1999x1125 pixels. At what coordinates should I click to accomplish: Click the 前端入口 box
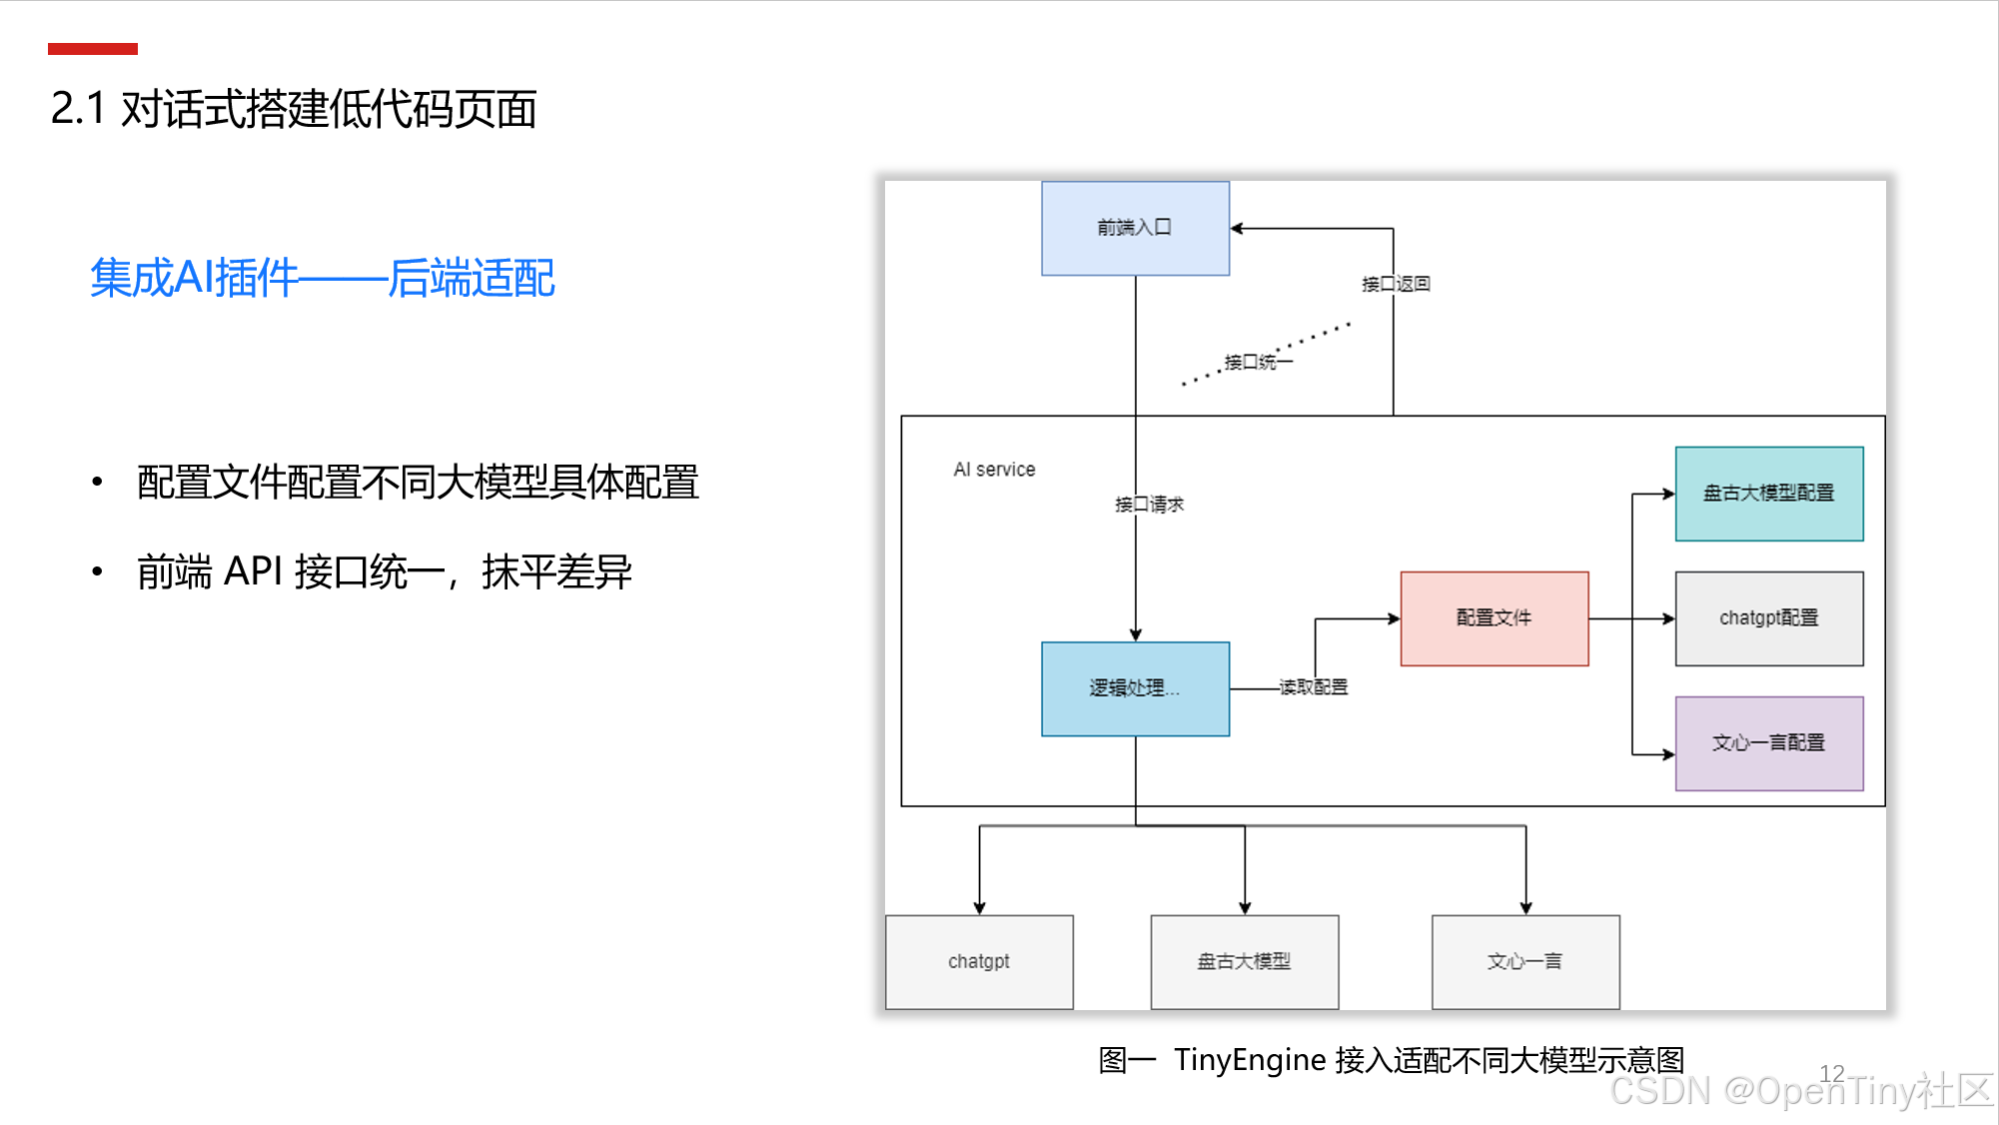[x=1135, y=228]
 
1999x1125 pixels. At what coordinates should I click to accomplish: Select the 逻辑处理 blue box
[x=1135, y=688]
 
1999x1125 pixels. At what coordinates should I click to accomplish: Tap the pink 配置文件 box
[x=1494, y=618]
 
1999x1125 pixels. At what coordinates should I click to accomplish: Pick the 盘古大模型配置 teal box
[x=1768, y=494]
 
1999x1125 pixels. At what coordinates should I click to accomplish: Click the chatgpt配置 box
[x=1768, y=618]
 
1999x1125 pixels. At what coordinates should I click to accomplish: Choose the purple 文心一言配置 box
[x=1768, y=743]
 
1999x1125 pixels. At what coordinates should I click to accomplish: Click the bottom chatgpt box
[x=979, y=961]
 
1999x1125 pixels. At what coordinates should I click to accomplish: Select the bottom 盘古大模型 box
[x=1244, y=961]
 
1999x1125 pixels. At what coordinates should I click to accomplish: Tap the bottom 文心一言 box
[x=1524, y=961]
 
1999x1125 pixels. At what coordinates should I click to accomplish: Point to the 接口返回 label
[x=1396, y=285]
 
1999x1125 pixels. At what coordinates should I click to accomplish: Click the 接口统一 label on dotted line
[x=1258, y=362]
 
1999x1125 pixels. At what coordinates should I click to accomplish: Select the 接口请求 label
[x=1149, y=505]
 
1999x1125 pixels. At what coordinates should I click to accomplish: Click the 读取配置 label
[x=1313, y=687]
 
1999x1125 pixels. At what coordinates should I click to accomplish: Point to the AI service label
[x=994, y=470]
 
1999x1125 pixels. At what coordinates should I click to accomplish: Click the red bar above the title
[x=92, y=49]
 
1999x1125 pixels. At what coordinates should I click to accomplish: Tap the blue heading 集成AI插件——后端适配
[x=322, y=278]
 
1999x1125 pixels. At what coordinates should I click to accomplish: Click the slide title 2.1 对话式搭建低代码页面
[x=294, y=109]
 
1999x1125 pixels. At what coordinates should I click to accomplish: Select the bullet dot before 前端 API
[x=97, y=571]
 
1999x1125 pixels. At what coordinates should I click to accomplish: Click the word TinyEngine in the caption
[x=1249, y=1059]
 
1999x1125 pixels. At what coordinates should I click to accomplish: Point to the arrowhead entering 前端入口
[x=1237, y=229]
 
